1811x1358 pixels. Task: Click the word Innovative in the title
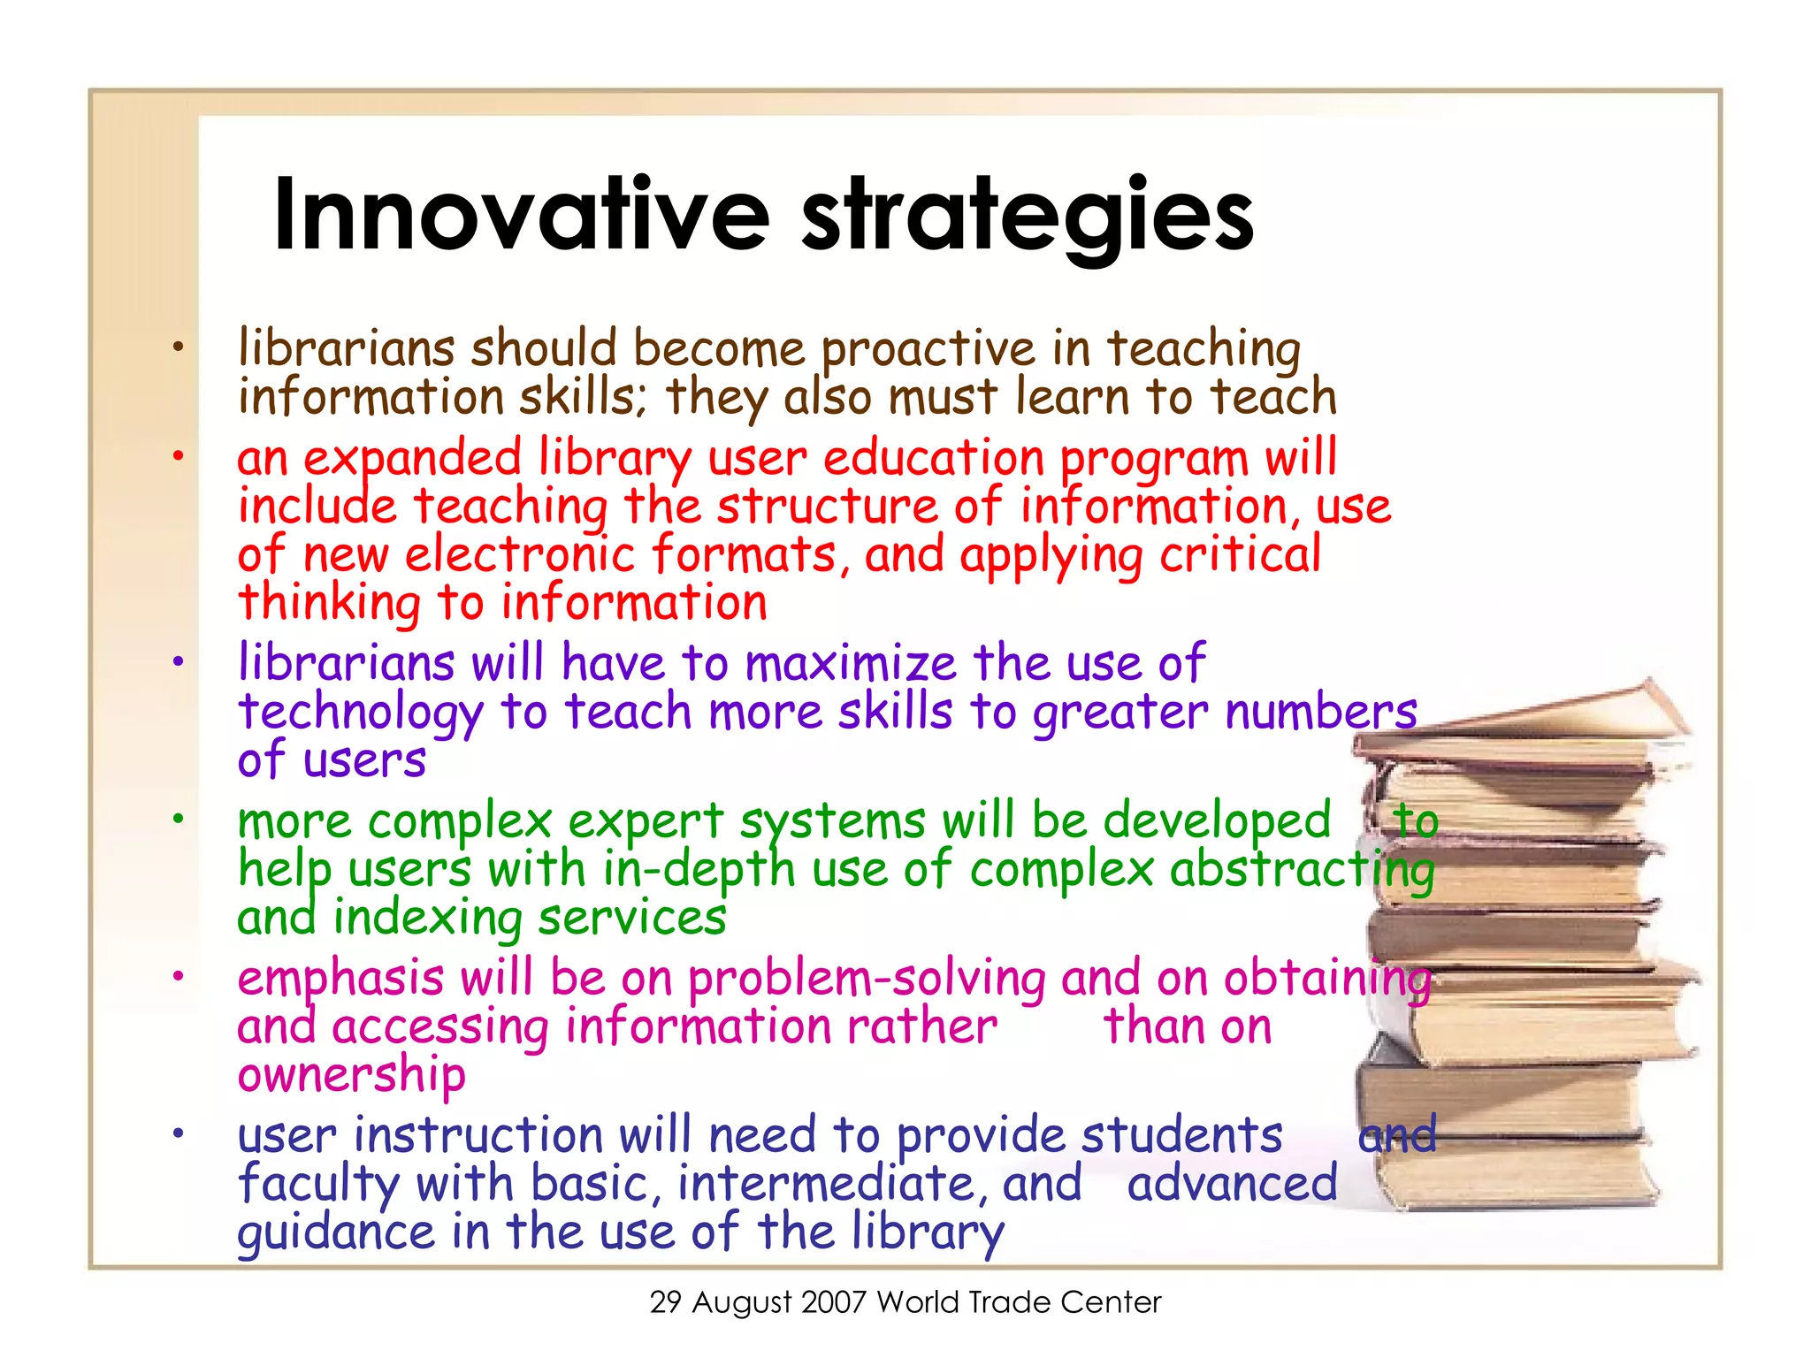[522, 215]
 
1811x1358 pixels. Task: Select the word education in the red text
[934, 460]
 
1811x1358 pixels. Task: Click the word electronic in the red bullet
[520, 556]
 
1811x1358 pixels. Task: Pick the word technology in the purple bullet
[361, 713]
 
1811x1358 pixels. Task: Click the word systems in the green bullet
[832, 822]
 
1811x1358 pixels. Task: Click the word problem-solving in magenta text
[867, 980]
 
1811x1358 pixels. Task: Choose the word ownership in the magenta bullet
[351, 1076]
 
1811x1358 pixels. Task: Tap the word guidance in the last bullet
[336, 1233]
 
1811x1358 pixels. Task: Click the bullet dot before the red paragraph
[178, 457]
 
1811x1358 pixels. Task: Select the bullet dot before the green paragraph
[178, 819]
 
